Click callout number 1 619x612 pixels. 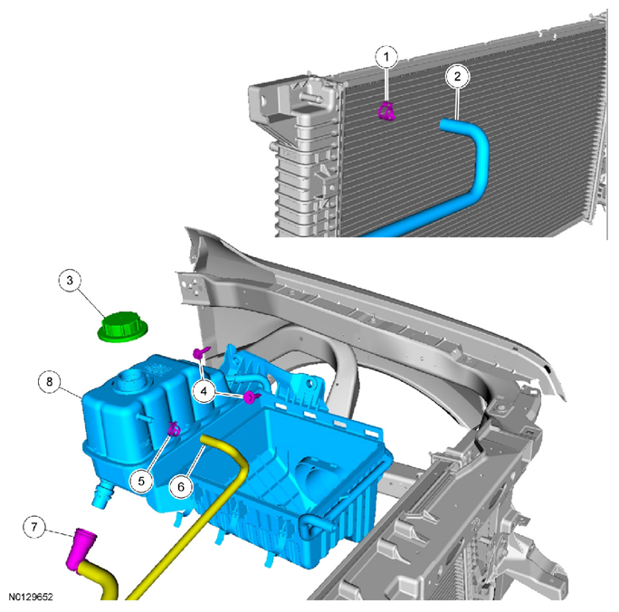386,57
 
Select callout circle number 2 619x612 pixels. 457,76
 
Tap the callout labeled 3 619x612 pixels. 70,281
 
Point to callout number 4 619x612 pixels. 204,391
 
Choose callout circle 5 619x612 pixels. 141,481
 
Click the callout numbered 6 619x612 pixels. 181,486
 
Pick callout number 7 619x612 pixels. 34,527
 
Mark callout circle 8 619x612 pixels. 50,382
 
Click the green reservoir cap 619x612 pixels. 122,327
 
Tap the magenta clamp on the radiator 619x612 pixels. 386,111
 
